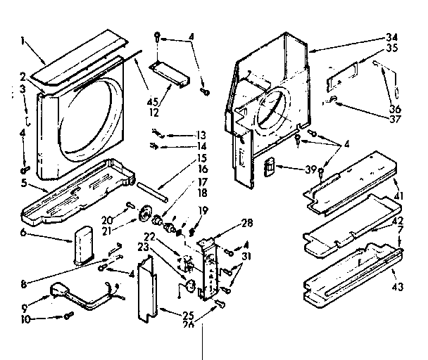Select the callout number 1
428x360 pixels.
[x=25, y=41]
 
